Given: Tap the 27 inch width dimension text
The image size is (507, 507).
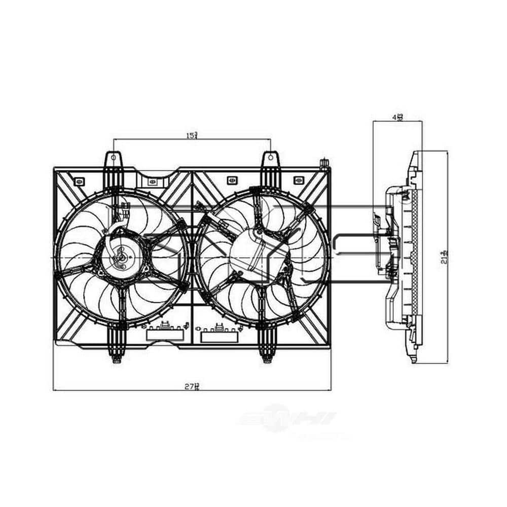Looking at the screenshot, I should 191,386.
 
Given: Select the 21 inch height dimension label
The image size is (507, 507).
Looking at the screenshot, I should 444,258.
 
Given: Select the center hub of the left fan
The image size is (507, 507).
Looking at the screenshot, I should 122,257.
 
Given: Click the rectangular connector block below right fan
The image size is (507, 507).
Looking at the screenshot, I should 220,336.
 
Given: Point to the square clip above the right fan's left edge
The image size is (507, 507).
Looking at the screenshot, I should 231,179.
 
